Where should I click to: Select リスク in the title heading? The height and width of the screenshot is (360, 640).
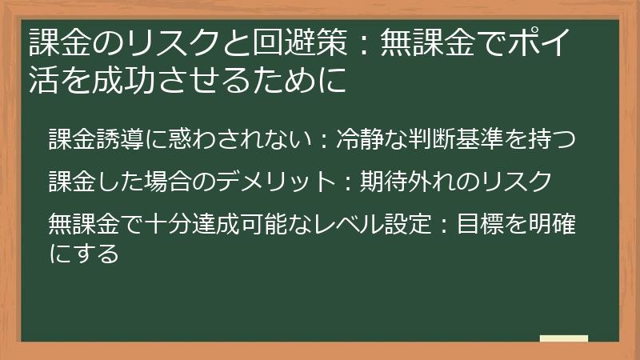(x=152, y=39)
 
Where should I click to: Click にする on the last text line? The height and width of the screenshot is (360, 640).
(x=83, y=254)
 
